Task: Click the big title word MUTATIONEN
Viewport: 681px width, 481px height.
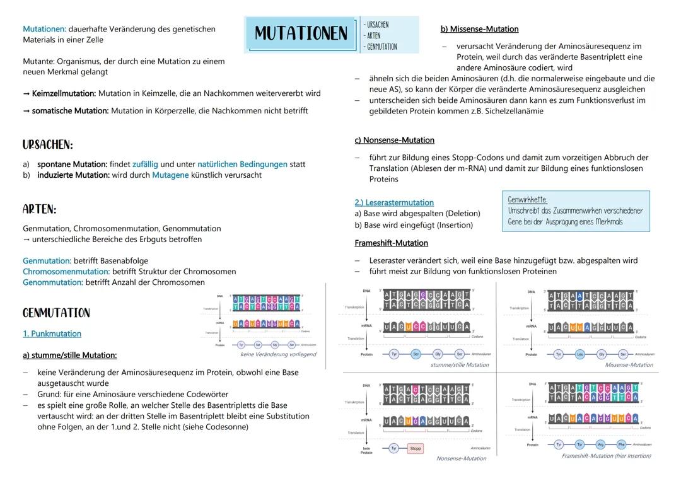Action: tap(301, 33)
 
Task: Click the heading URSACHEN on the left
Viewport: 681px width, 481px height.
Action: tap(48, 145)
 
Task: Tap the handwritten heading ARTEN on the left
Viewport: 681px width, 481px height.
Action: tap(40, 209)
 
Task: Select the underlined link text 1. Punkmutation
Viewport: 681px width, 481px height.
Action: tap(52, 333)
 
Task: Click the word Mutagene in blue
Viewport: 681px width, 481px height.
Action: tap(170, 175)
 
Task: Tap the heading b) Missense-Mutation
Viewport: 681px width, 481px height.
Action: tap(479, 29)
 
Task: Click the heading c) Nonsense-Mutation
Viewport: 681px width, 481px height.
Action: tap(395, 140)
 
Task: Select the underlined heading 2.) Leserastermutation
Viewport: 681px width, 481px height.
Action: tap(394, 202)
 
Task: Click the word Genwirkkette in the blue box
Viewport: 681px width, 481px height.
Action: tap(527, 200)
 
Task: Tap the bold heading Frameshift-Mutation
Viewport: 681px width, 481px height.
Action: tap(392, 243)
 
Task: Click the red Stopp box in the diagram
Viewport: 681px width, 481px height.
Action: tap(415, 449)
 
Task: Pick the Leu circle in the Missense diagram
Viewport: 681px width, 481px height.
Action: tap(580, 354)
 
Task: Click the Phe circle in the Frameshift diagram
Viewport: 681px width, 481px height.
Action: tap(621, 444)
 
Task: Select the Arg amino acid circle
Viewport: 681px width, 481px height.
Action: tap(600, 444)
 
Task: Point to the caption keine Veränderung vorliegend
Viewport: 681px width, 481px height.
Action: tap(278, 354)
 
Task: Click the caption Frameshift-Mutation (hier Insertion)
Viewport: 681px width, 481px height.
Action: tap(606, 456)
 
